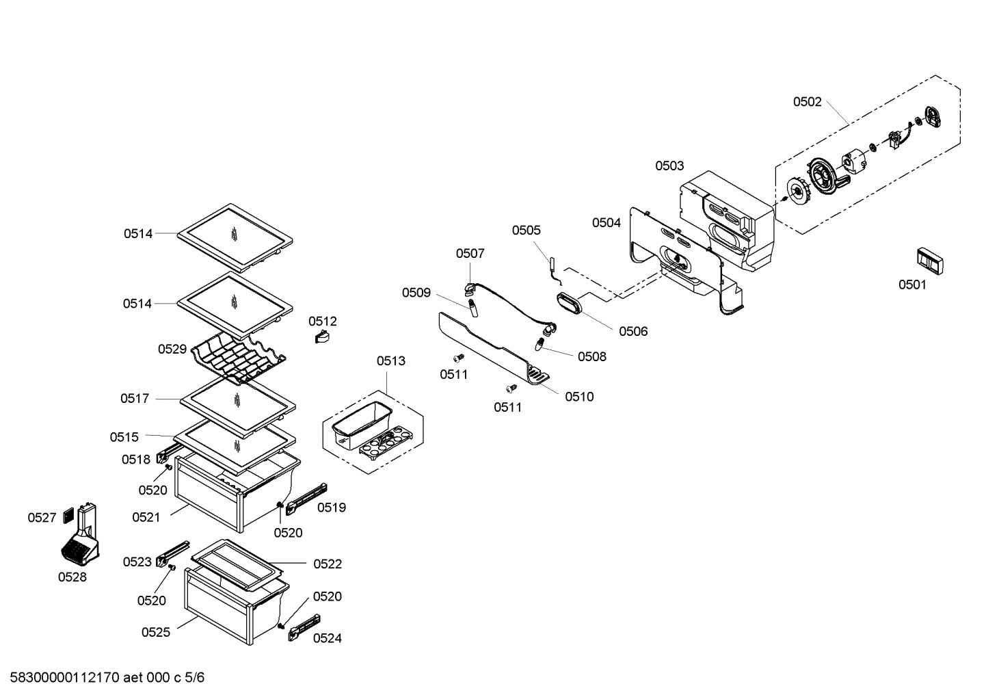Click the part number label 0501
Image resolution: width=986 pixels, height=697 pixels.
912,285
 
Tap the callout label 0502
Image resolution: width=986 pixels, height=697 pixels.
807,102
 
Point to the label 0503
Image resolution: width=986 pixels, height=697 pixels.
669,166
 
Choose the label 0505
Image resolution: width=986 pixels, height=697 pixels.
526,231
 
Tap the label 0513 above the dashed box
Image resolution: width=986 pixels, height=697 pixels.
390,360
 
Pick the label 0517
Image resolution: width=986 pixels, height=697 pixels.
135,398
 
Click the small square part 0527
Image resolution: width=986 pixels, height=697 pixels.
68,515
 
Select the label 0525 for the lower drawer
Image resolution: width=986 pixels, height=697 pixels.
156,632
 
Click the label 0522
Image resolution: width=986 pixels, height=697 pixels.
328,564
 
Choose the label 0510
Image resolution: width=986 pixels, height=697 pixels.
579,397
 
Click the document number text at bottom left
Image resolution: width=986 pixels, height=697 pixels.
103,678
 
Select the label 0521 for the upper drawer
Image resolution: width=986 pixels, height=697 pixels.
146,517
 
